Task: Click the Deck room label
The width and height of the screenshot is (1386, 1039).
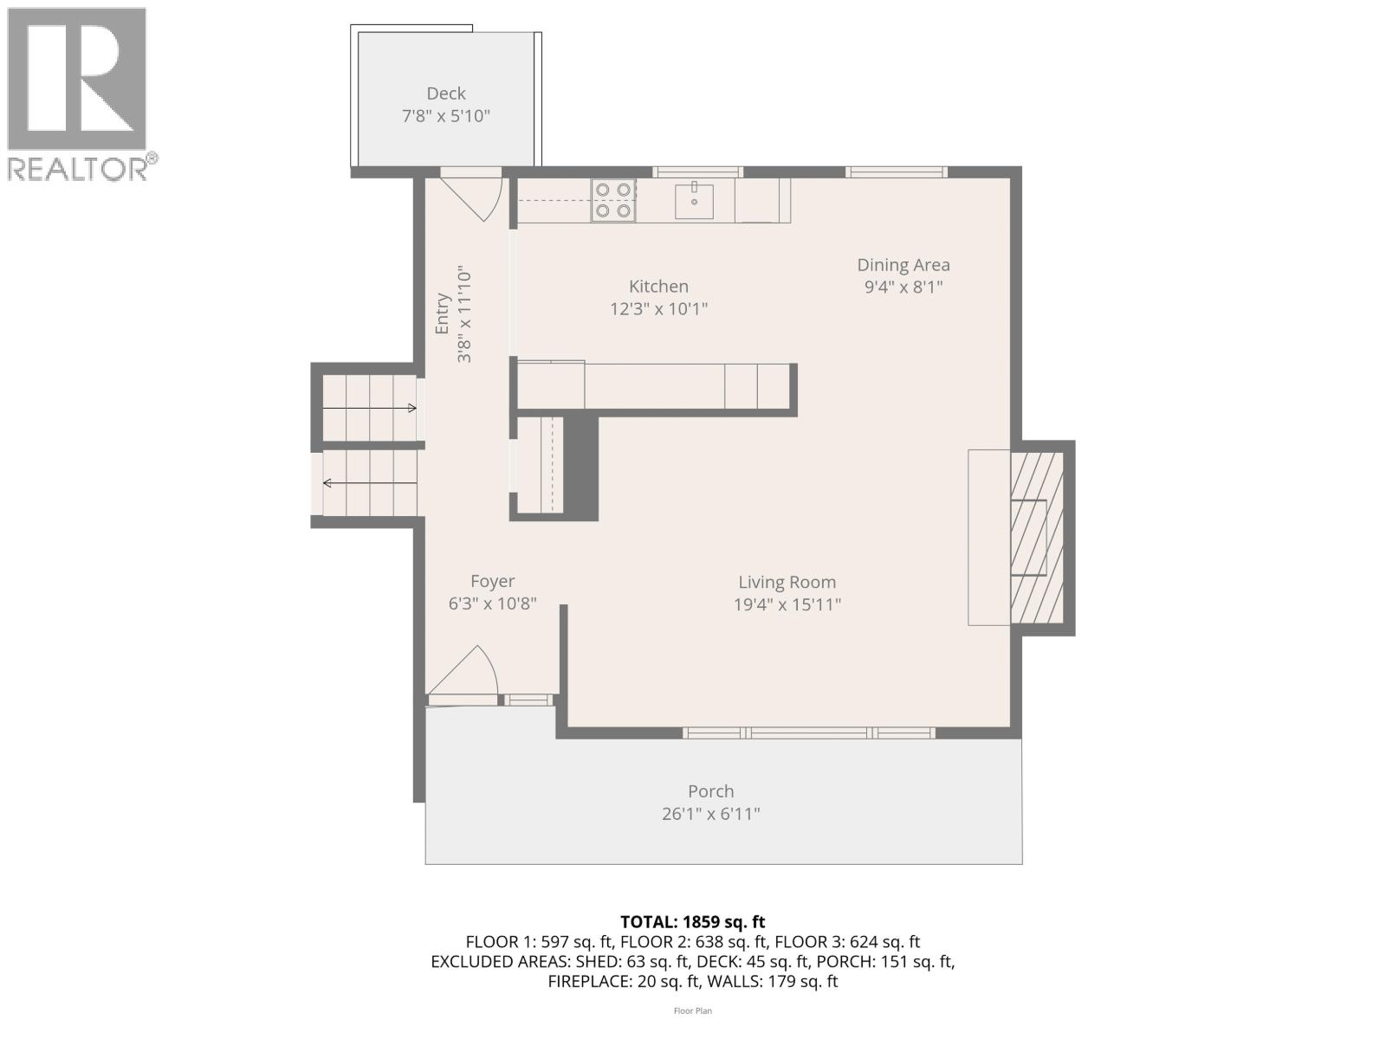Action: click(x=445, y=94)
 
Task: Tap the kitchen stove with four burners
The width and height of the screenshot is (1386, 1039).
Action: click(x=613, y=200)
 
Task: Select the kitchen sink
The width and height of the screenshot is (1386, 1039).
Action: click(x=694, y=201)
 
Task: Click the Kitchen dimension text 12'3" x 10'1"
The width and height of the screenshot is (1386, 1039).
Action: click(x=658, y=309)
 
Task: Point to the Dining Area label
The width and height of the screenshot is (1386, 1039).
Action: click(x=903, y=265)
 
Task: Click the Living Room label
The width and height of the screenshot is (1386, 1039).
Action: click(x=787, y=583)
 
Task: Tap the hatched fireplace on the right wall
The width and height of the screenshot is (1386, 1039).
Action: click(x=1037, y=537)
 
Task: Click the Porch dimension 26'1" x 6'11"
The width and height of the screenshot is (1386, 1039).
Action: click(x=710, y=814)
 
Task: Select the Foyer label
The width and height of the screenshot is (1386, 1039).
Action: click(x=492, y=582)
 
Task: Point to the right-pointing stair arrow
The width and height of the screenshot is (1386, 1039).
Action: click(x=370, y=407)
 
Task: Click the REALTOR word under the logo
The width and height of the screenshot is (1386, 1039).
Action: click(x=78, y=168)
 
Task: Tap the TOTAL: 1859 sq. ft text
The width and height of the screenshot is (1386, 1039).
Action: click(x=692, y=922)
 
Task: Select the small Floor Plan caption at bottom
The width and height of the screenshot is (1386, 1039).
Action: click(x=692, y=1010)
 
